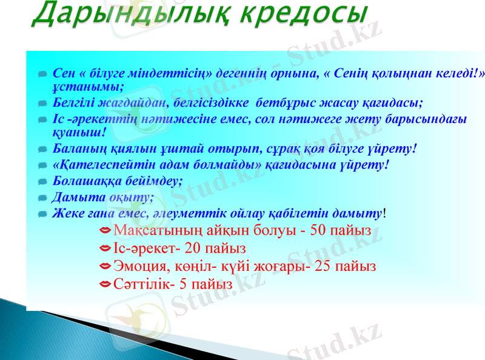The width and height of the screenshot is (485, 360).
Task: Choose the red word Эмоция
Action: click(x=136, y=266)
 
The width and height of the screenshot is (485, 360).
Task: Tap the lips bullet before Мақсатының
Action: click(x=105, y=230)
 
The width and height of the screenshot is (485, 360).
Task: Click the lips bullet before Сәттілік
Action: click(x=105, y=284)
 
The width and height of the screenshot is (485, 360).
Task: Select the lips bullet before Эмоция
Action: click(x=105, y=266)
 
